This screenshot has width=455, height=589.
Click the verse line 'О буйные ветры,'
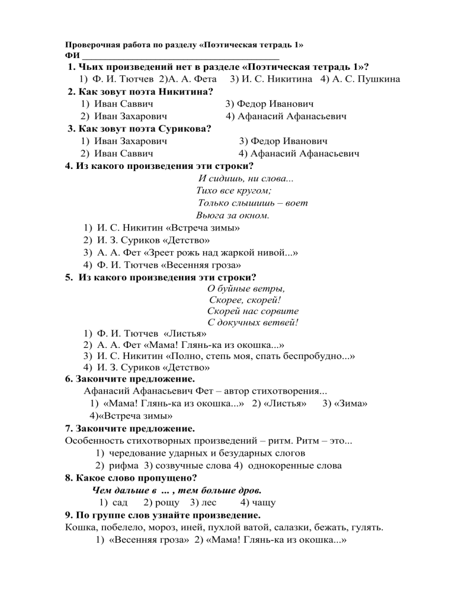click(246, 289)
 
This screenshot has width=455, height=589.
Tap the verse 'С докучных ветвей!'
click(252, 322)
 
